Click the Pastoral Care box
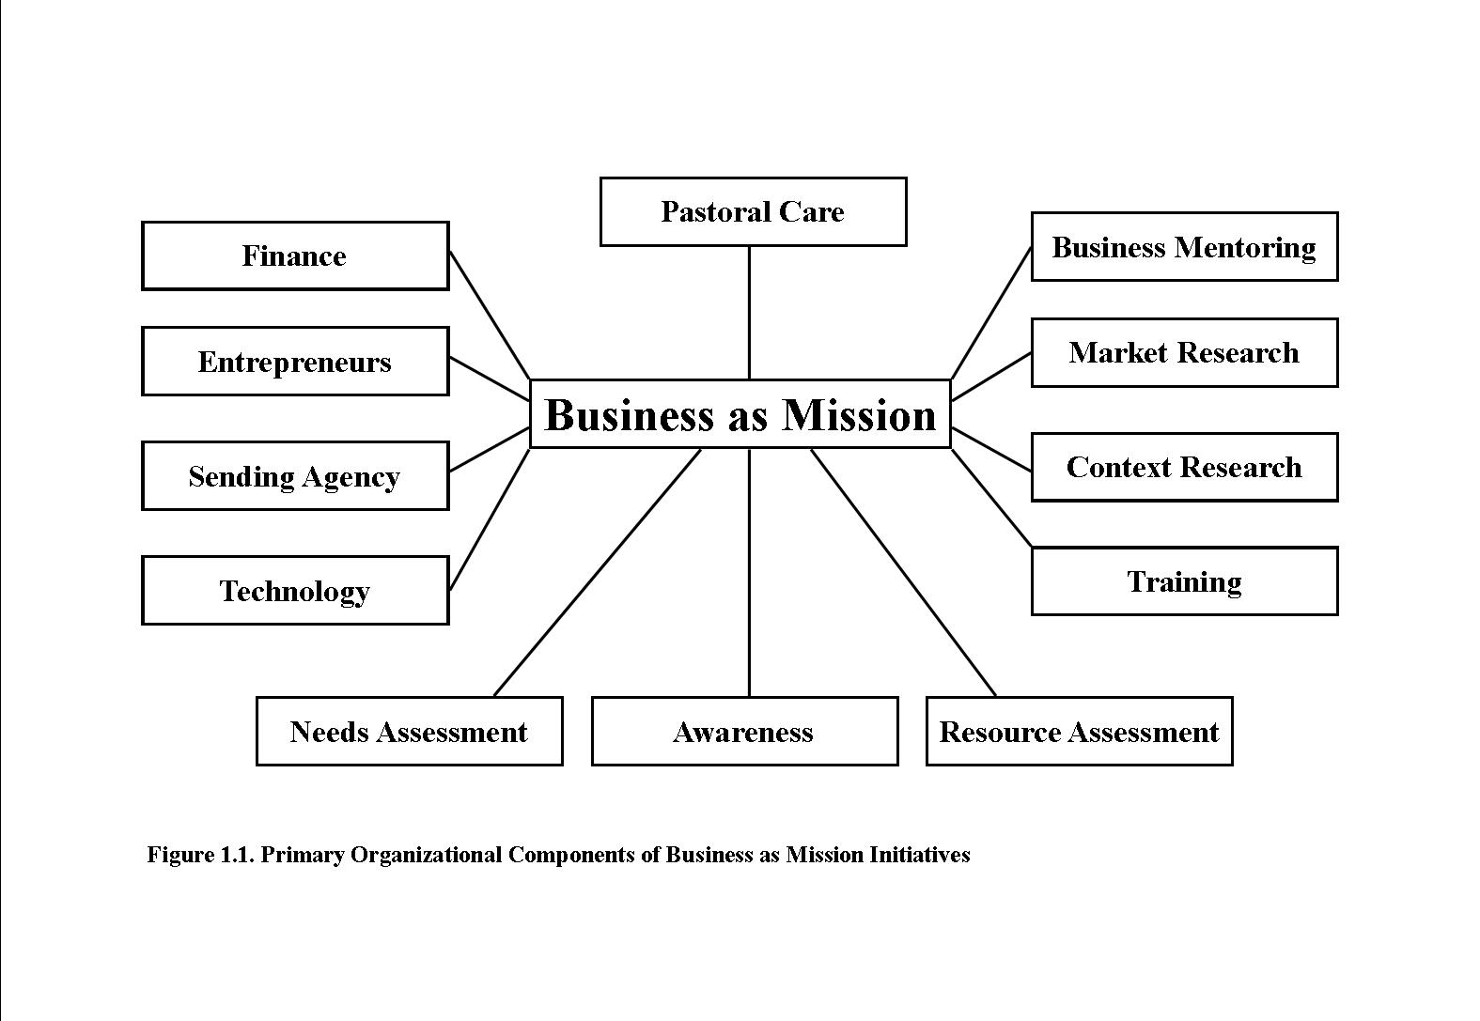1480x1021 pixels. pos(753,211)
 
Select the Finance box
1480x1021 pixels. pos(294,255)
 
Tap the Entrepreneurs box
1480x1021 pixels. pos(294,362)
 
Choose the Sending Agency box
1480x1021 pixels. pos(294,476)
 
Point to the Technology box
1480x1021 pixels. pos(294,591)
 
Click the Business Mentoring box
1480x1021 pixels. pos(1184,247)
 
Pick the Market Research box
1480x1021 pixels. pos(1184,352)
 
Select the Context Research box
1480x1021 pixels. pos(1184,467)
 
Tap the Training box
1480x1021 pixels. pos(1184,581)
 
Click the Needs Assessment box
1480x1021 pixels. pos(409,732)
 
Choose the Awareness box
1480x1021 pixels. pos(744,732)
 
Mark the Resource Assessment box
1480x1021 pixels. pos(1079,732)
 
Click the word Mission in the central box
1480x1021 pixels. pos(859,415)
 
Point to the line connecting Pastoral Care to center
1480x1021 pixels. pos(749,313)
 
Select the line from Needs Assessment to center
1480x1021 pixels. pos(597,573)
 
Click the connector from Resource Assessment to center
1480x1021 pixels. pos(903,573)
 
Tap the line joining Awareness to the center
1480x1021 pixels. pos(749,573)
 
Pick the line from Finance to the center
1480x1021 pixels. pos(490,315)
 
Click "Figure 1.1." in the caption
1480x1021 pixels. pos(201,855)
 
